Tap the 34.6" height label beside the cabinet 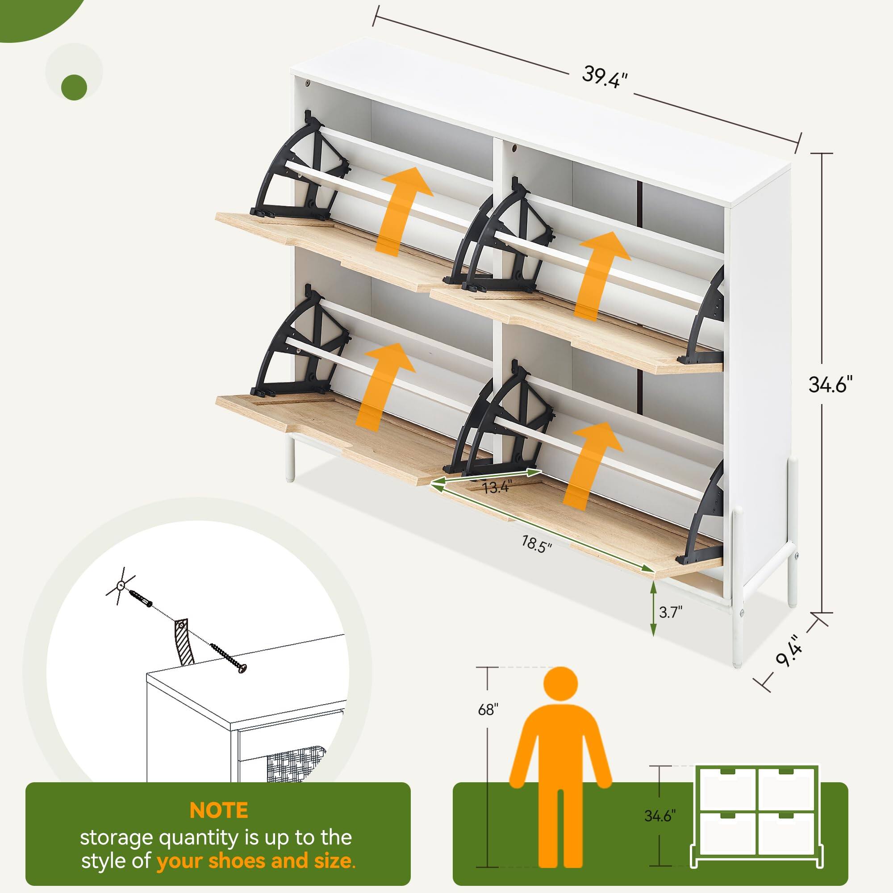(830, 384)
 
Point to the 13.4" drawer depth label (496, 487)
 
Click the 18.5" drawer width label (537, 543)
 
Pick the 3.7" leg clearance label (670, 613)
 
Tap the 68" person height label (488, 709)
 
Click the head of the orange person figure (560, 684)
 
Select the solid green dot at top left (74, 87)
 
